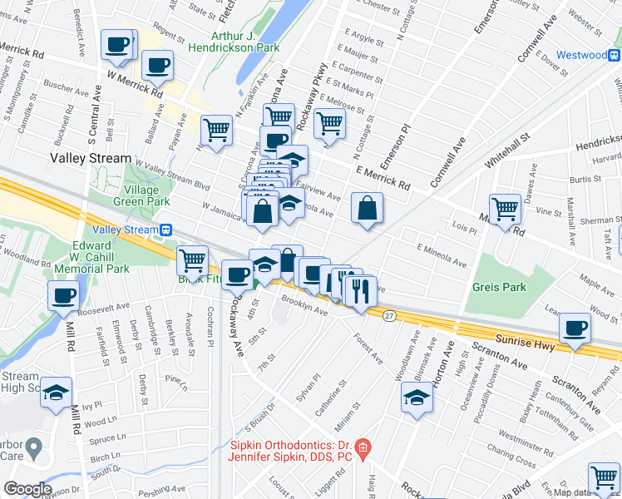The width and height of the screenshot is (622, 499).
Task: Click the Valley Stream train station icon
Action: tap(166, 230)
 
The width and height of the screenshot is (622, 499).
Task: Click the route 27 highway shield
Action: tap(388, 315)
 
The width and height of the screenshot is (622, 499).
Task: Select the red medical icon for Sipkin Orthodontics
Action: tap(363, 452)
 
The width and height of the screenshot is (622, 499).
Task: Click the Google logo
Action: tap(27, 489)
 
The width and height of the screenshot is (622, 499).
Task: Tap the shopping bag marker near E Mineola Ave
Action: tap(367, 208)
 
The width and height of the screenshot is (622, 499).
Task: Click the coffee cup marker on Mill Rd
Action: tap(64, 295)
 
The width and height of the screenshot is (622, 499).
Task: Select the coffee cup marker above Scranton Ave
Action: tap(575, 327)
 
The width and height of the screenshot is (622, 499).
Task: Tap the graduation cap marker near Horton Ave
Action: tap(417, 398)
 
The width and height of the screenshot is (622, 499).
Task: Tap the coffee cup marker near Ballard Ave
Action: tap(157, 64)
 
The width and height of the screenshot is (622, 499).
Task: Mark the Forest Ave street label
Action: tap(367, 349)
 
